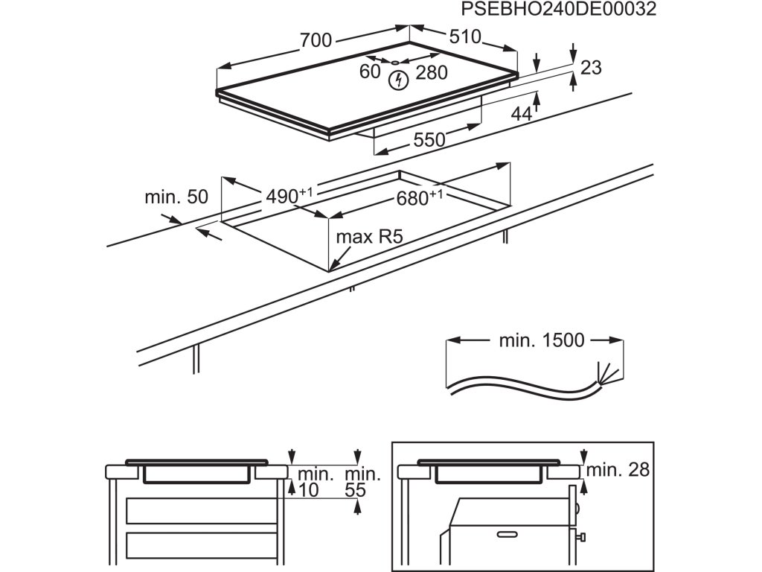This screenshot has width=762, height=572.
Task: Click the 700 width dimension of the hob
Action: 316,40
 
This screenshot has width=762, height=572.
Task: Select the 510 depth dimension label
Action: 465,36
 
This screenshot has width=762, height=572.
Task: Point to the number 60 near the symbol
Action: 370,72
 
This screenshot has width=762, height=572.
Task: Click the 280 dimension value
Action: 432,73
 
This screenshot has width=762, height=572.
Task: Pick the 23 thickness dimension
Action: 590,68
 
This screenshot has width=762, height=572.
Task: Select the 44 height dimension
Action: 522,114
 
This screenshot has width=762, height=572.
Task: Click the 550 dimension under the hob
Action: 429,139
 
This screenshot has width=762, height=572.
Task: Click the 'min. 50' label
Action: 176,197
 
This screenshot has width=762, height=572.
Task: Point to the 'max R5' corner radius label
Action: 370,238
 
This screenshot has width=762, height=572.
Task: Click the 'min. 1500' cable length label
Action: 541,341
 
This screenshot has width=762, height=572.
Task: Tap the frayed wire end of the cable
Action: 603,372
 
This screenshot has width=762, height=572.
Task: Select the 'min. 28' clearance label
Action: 618,470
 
